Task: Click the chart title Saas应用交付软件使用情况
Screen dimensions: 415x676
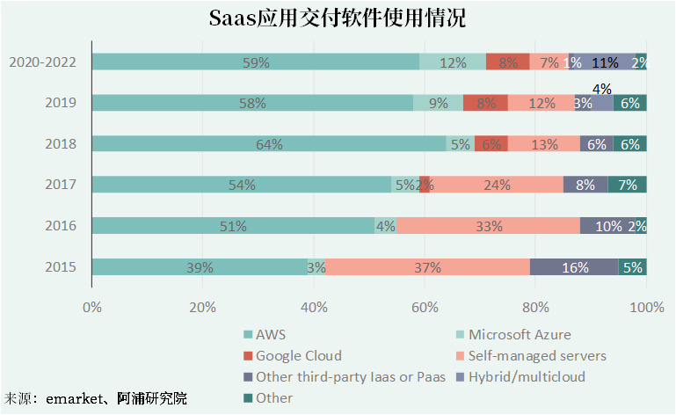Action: click(338, 18)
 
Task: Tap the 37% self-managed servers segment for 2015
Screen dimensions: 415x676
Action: click(427, 267)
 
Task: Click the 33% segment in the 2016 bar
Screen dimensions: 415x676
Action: click(488, 226)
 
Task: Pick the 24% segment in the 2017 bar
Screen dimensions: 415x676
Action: click(498, 185)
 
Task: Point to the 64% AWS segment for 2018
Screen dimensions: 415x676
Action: click(268, 144)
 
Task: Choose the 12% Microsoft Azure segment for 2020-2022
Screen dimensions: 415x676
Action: click(453, 62)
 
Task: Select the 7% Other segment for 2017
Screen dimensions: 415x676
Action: click(628, 185)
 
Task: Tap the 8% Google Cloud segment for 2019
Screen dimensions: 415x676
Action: click(485, 103)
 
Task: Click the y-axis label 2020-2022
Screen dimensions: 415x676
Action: click(42, 62)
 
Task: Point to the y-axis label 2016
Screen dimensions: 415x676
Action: click(62, 226)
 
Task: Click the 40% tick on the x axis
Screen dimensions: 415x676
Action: click(314, 307)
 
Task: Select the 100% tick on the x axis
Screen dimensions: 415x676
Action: click(646, 307)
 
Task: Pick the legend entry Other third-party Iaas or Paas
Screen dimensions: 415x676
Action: click(343, 377)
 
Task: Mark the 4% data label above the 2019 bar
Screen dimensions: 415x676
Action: click(602, 88)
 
